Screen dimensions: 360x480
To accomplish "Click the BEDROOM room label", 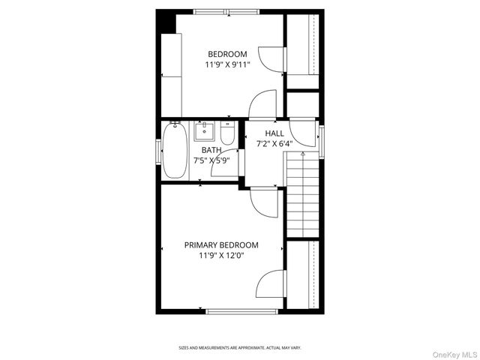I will (x=227, y=53).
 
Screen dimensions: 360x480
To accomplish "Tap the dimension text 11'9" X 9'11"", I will (x=227, y=64).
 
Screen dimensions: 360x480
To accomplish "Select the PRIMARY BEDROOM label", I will (x=221, y=244).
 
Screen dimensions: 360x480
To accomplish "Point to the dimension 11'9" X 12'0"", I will (x=221, y=256).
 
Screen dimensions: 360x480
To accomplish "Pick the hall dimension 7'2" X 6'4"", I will (x=274, y=143).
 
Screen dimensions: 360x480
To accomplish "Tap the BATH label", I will (x=211, y=149).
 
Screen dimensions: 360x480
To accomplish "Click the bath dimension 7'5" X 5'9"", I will (x=211, y=160).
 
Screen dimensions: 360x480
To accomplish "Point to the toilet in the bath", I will (x=228, y=133).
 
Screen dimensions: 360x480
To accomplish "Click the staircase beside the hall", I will (x=303, y=193).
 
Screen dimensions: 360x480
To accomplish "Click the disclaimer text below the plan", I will (x=239, y=348).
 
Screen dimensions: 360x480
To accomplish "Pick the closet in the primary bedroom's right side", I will (x=303, y=274).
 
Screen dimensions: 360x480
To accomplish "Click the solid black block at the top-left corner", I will (x=165, y=22).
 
